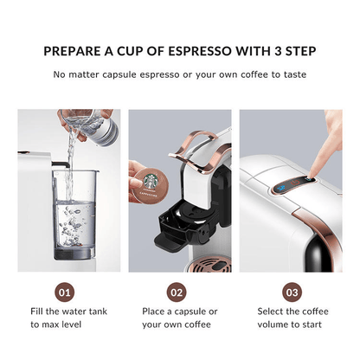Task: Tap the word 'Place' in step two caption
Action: pos(156,310)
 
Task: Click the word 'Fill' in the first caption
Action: pos(39,310)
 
